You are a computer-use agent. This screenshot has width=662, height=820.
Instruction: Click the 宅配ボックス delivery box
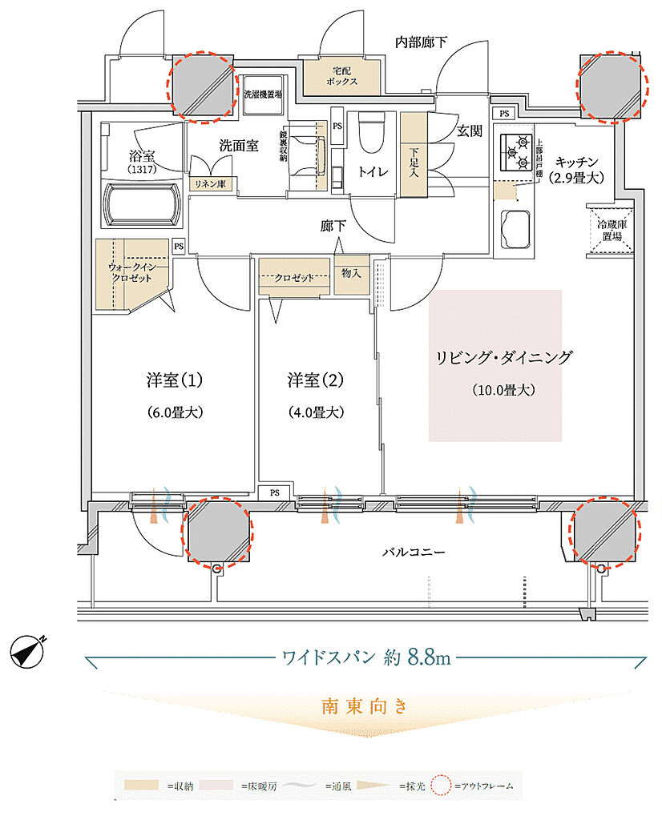(x=341, y=76)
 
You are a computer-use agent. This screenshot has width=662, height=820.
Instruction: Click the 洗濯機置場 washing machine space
(x=263, y=94)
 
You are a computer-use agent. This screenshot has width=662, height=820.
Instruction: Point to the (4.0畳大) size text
(x=316, y=412)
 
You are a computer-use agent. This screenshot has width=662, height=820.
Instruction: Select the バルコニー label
(x=412, y=552)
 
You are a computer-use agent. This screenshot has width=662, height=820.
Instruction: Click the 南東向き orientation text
(x=365, y=707)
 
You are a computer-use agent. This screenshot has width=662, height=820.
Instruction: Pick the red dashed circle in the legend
(x=439, y=786)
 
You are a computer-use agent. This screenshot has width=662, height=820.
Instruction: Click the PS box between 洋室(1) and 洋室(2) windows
(x=274, y=492)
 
